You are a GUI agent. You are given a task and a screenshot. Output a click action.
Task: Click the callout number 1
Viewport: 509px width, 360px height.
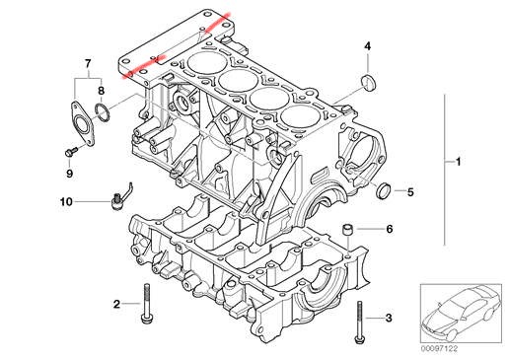click(458, 162)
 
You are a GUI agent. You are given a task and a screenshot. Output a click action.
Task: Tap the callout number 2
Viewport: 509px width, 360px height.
click(116, 304)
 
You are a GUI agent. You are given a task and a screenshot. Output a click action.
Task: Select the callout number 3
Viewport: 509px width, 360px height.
click(389, 318)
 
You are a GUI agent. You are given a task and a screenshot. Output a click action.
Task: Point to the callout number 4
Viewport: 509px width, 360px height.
click(367, 46)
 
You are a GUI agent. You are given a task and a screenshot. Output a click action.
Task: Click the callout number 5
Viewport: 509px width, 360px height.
click(410, 191)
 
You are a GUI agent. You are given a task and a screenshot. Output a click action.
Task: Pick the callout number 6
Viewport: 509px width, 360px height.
click(390, 229)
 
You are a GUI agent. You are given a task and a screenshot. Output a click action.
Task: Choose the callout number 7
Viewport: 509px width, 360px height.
click(88, 63)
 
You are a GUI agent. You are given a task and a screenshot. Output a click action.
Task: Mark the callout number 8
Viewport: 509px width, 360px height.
click(102, 91)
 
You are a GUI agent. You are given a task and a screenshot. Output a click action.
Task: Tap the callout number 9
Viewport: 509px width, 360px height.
click(69, 174)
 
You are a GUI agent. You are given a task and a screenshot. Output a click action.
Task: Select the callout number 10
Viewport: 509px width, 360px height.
click(66, 201)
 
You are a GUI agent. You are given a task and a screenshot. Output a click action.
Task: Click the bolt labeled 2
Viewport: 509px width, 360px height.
click(145, 304)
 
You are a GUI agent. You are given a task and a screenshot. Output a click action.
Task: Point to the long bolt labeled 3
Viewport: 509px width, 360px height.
click(359, 323)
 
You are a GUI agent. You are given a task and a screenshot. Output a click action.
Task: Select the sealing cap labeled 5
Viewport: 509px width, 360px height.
click(383, 191)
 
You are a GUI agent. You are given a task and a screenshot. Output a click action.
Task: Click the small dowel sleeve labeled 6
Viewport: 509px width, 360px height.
click(348, 230)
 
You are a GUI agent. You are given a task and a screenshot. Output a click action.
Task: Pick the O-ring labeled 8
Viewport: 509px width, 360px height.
click(102, 112)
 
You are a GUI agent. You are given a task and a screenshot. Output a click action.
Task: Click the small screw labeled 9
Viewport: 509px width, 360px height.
click(71, 152)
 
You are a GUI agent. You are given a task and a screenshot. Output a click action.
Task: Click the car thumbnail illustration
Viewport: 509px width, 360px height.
click(461, 314)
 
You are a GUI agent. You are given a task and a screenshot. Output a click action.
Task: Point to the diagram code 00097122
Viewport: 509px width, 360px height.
click(439, 349)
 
